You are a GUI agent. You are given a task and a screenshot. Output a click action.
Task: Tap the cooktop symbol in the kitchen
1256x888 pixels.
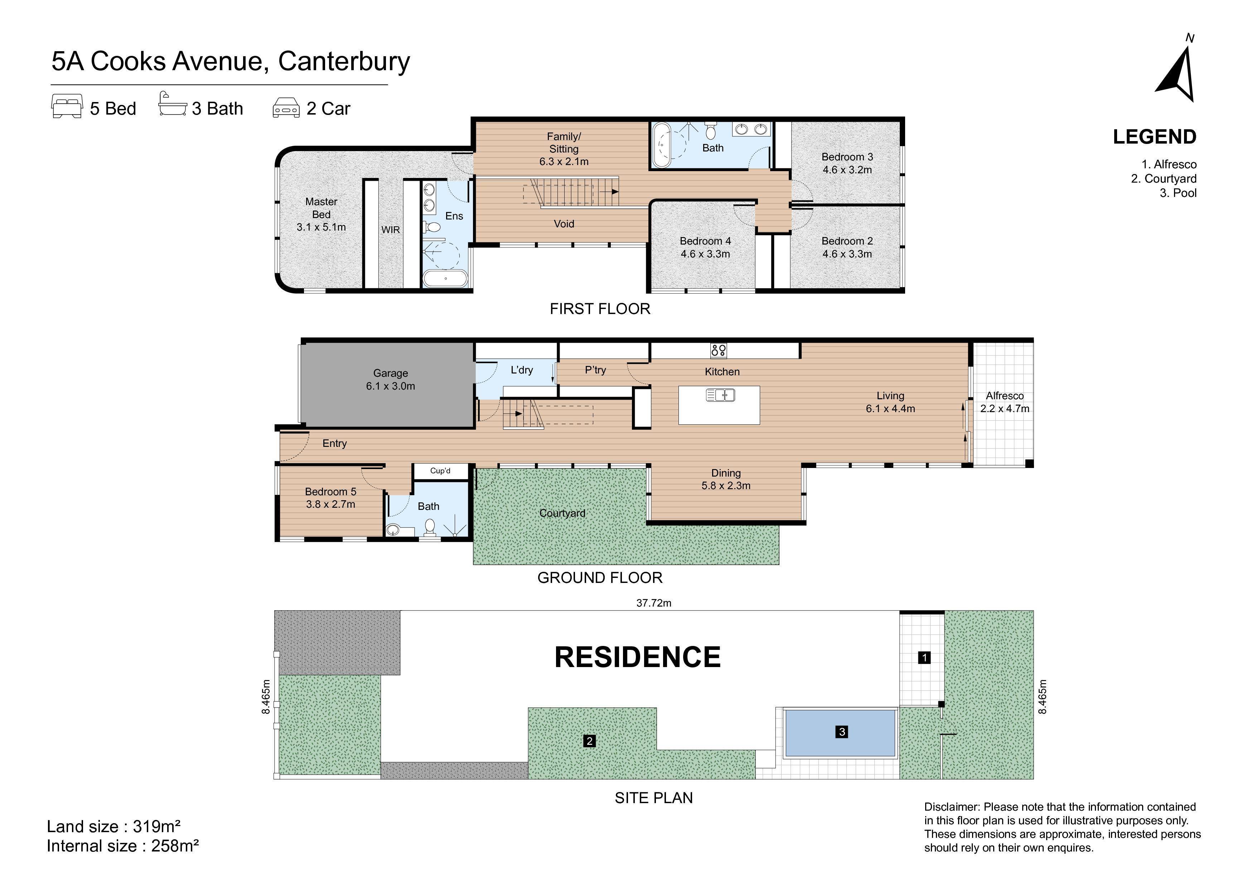pos(718,350)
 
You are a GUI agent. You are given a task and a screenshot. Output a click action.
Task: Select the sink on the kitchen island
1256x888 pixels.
pos(720,395)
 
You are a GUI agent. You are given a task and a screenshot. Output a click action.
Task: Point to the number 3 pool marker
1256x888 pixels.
pos(842,732)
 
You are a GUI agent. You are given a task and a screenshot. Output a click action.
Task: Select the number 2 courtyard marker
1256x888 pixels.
pos(589,741)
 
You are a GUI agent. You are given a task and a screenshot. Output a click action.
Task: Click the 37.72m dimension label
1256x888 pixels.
pos(654,603)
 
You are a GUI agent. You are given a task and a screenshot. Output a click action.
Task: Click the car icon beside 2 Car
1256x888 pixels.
pos(286,108)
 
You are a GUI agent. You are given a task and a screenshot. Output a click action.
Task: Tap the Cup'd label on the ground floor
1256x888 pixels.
pos(440,470)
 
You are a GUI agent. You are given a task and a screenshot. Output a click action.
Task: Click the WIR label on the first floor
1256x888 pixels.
pos(391,230)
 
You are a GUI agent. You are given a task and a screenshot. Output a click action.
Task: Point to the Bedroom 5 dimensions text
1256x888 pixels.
pos(330,504)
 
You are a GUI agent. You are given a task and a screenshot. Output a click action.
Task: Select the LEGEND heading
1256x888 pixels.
pos(1155,137)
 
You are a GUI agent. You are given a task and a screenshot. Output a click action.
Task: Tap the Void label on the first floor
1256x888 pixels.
pos(564,224)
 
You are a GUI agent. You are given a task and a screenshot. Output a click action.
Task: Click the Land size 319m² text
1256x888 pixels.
pos(114,826)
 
